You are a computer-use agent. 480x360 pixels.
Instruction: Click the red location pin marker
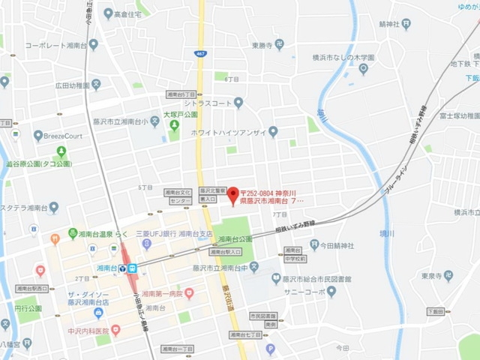click(232, 193)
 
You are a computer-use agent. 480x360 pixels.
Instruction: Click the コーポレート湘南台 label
click(55, 45)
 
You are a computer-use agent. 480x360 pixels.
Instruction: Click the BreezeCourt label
click(66, 136)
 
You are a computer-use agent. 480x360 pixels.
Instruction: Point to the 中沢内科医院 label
click(78, 331)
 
